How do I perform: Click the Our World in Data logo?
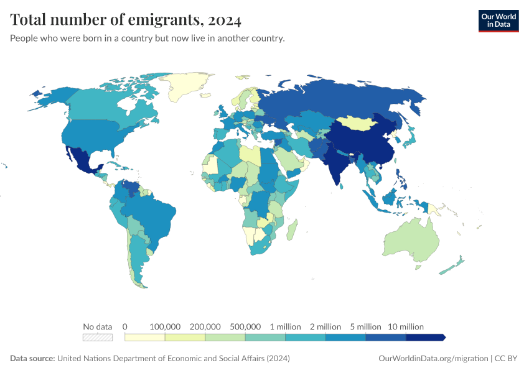click(498, 20)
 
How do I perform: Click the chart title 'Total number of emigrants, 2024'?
click(126, 21)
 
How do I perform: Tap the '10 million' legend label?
click(406, 326)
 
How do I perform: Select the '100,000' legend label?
click(165, 326)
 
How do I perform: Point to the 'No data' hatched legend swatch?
click(98, 337)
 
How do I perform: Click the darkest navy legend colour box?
click(425, 337)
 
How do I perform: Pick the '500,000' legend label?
click(245, 326)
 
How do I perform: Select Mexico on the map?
click(81, 159)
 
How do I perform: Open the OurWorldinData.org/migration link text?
click(433, 359)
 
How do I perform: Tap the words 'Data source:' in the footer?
click(32, 359)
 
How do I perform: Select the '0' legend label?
click(125, 326)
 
